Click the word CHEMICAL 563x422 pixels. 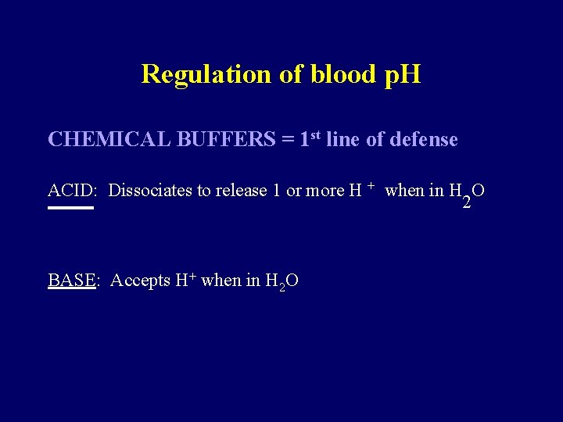[x=110, y=140]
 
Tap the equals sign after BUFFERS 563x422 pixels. [x=288, y=141]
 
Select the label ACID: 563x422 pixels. [x=72, y=191]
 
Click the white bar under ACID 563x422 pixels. [x=70, y=209]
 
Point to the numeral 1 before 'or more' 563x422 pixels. [x=277, y=191]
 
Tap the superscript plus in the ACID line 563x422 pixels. [x=371, y=186]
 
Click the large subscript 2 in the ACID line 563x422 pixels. [x=466, y=203]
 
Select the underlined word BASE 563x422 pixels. [x=71, y=281]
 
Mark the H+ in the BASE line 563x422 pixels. [x=185, y=280]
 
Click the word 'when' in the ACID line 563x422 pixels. [x=405, y=191]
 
